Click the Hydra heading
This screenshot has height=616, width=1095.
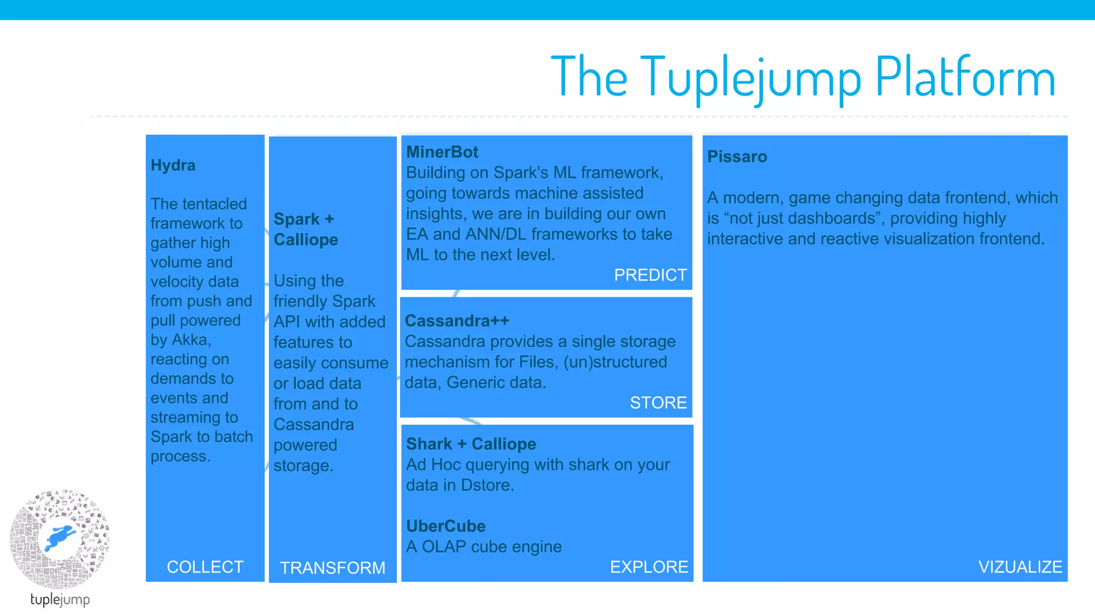pos(173,165)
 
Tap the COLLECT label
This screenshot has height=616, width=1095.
pos(205,567)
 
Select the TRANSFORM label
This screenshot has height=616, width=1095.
pos(332,568)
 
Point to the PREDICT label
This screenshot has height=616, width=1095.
pos(650,275)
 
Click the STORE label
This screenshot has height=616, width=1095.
pos(658,403)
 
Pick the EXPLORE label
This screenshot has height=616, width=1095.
pos(649,567)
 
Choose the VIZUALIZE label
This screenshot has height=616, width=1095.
pos(1020,567)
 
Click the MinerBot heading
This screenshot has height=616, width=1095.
pos(442,152)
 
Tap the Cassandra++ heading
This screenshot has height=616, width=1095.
pos(457,321)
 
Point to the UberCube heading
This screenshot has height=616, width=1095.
pos(445,526)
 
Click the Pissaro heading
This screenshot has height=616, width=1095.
pos(737,157)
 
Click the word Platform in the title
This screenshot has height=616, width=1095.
pos(965,78)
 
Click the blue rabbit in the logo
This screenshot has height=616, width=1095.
pos(60,536)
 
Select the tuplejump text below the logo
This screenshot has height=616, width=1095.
pos(60,599)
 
